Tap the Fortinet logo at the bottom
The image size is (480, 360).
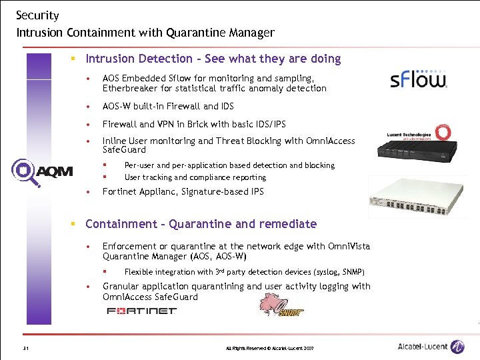(141, 311)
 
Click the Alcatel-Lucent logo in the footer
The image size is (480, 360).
(431, 347)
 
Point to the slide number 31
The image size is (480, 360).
(25, 349)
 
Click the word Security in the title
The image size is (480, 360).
(37, 15)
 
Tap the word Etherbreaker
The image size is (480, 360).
(131, 88)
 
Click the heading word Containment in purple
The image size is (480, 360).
(121, 224)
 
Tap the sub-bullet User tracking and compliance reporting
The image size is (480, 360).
(195, 177)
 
